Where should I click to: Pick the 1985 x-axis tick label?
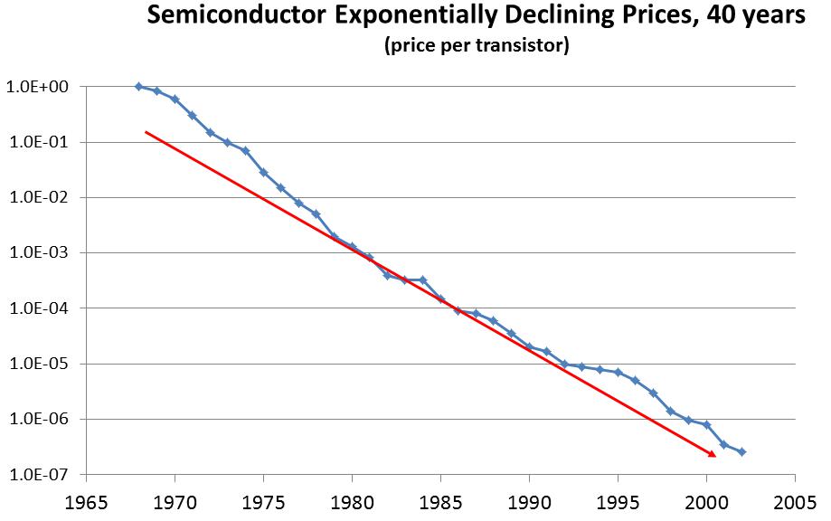(x=439, y=498)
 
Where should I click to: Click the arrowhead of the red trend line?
(x=713, y=453)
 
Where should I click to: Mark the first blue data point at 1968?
(x=138, y=86)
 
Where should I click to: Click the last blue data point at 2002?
(x=741, y=451)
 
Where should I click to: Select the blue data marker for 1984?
(x=422, y=280)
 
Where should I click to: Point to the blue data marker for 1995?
(x=618, y=372)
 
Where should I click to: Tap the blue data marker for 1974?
(x=245, y=150)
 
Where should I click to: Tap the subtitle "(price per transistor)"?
(x=476, y=46)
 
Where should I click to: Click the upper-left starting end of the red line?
(x=146, y=132)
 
